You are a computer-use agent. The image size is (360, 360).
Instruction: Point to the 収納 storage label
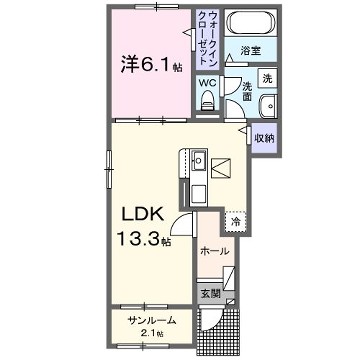pyautogui.click(x=264, y=138)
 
